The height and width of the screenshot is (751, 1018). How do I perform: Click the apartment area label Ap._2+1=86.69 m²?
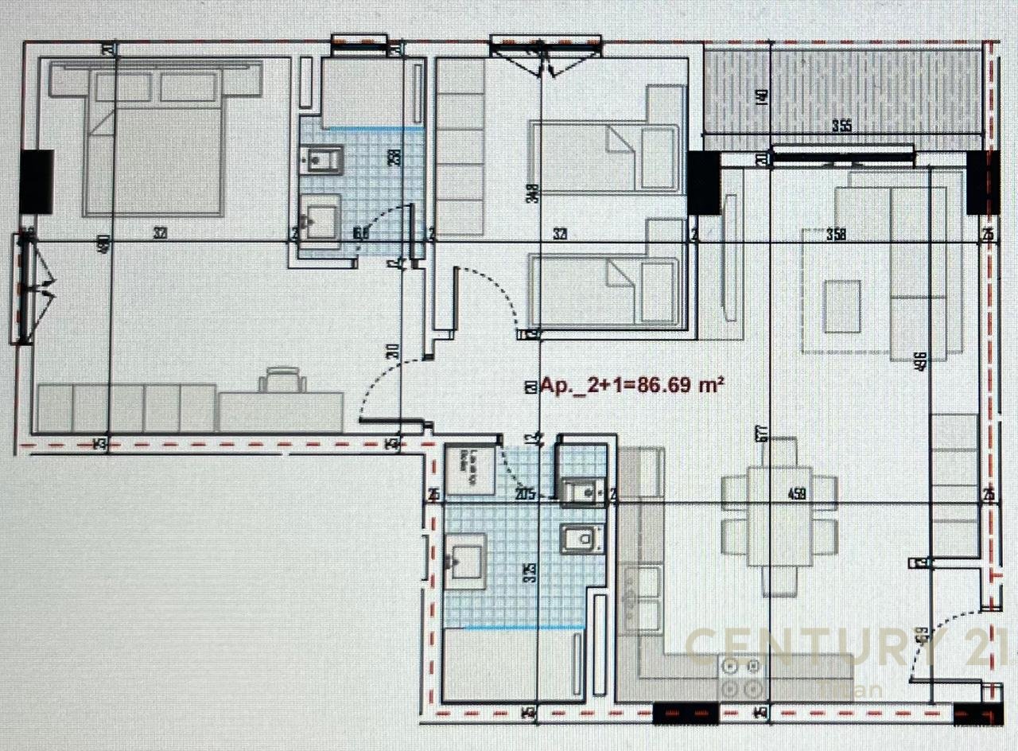tap(632, 386)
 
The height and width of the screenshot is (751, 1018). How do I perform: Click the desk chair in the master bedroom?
tap(282, 379)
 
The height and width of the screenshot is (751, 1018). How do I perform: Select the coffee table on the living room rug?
tap(841, 306)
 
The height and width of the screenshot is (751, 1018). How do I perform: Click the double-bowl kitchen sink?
tap(643, 597)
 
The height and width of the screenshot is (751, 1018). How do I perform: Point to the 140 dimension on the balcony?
tap(762, 97)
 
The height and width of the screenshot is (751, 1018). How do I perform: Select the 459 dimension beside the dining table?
tap(797, 494)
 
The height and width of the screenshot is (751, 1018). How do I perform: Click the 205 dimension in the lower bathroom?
tap(525, 494)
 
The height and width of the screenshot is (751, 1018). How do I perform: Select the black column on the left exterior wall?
tap(37, 181)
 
